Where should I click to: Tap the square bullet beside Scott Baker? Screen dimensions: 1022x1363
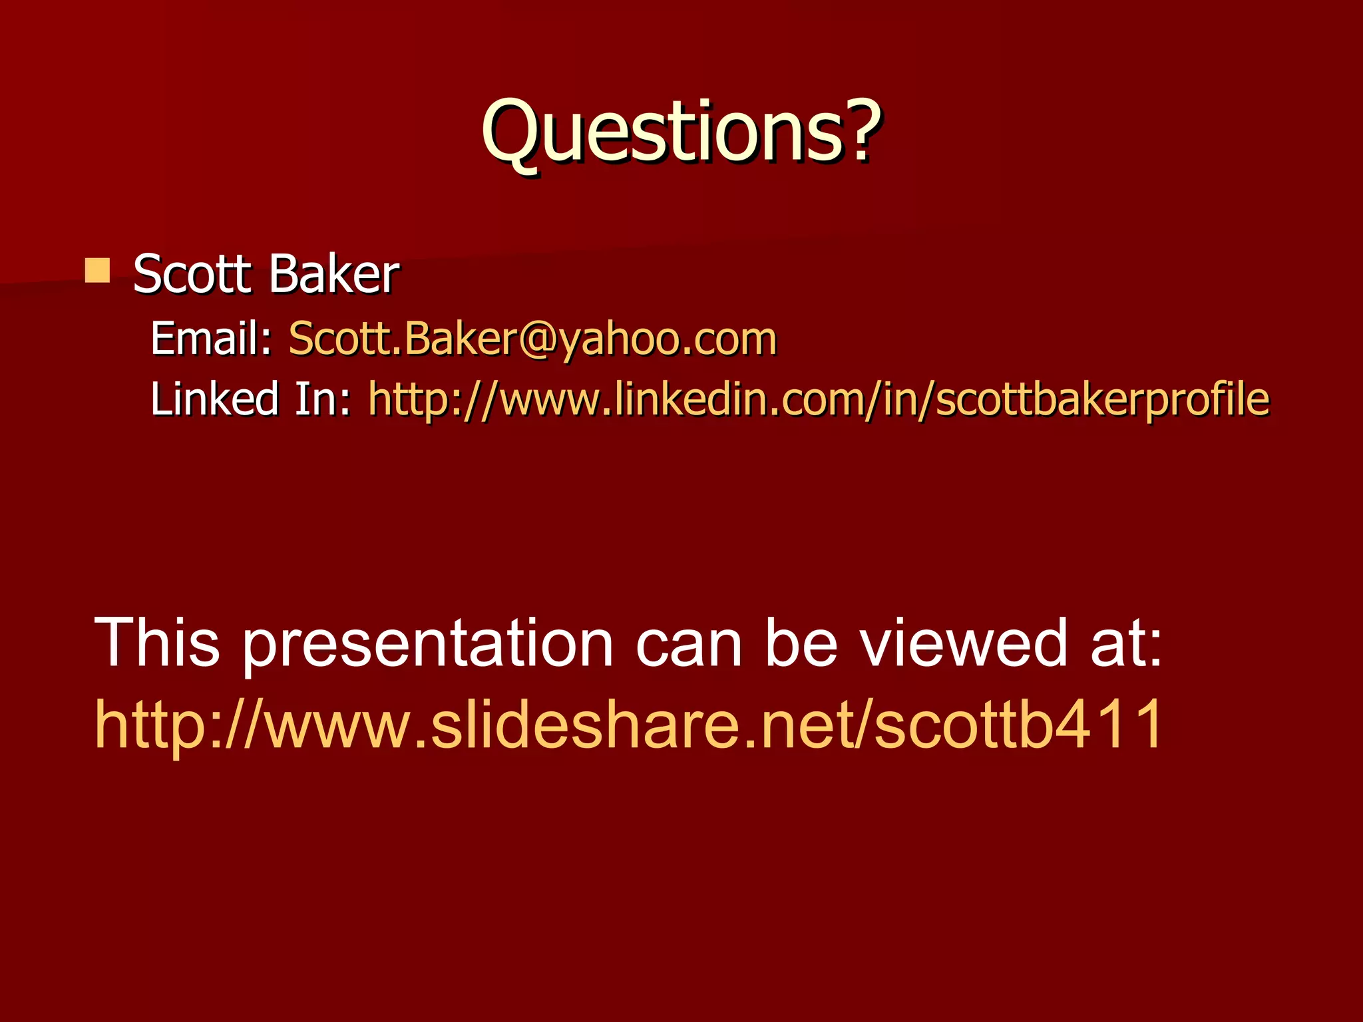(98, 271)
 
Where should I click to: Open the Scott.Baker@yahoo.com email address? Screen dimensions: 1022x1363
(532, 339)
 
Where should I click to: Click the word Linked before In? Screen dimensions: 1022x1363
(214, 399)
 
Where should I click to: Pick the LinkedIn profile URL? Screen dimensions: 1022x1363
(819, 399)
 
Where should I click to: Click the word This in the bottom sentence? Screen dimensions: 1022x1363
(157, 642)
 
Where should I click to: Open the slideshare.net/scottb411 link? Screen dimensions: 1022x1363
(628, 724)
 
